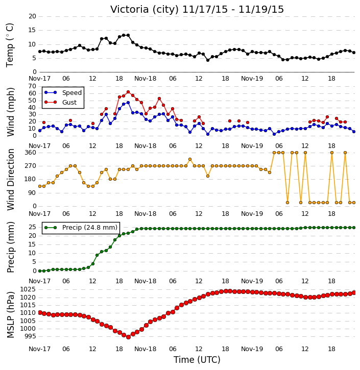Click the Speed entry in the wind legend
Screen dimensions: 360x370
72,93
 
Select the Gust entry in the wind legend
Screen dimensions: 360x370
69,103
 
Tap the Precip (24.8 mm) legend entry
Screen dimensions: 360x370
90,228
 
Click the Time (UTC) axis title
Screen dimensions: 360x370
197,360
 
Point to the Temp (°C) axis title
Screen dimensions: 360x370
10,45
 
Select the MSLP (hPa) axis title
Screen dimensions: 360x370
10,314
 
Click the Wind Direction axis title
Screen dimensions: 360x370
10,179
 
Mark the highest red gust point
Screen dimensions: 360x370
128,92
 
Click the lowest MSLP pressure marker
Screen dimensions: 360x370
128,337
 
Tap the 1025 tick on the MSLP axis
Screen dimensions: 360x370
28,289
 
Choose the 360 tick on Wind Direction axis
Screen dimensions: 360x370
30,153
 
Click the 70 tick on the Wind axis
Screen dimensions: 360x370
32,86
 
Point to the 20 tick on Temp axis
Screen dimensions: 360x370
32,16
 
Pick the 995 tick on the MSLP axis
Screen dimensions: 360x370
30,336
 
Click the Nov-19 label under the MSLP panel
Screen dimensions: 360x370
252,349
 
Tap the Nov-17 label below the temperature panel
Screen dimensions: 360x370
39,79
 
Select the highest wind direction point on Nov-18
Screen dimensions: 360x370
190,160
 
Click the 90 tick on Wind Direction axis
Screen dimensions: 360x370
32,193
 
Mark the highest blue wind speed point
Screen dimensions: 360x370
128,103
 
